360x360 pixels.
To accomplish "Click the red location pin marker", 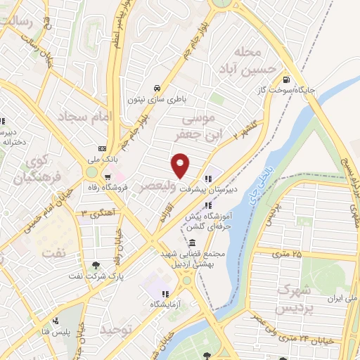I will [x=181, y=165].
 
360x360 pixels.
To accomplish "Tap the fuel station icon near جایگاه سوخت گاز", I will [x=285, y=79].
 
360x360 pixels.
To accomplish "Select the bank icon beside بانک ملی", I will [x=103, y=149].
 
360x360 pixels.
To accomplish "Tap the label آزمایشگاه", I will [x=165, y=305].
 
